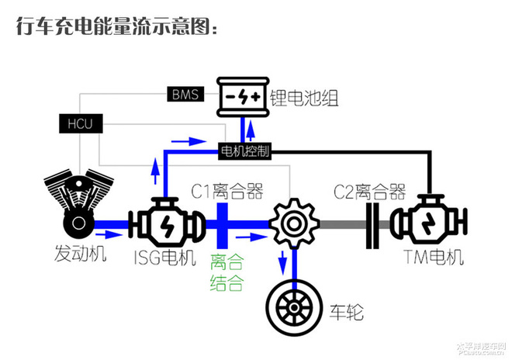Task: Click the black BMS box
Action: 185,95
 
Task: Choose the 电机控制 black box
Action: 245,151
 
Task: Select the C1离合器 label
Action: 227,191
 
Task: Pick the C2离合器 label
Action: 370,191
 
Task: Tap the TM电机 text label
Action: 434,258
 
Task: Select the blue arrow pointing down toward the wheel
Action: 282,258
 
